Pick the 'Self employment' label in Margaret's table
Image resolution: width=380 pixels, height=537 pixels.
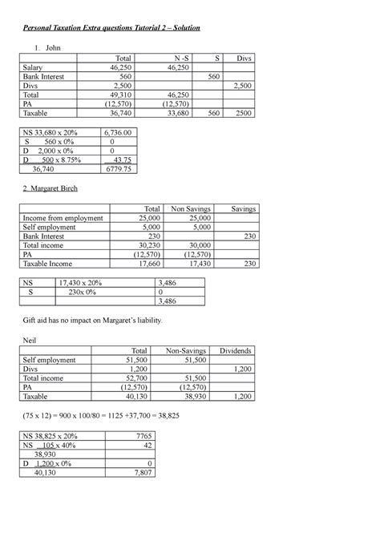click(x=49, y=226)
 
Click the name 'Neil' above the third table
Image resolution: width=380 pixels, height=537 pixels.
click(x=26, y=340)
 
